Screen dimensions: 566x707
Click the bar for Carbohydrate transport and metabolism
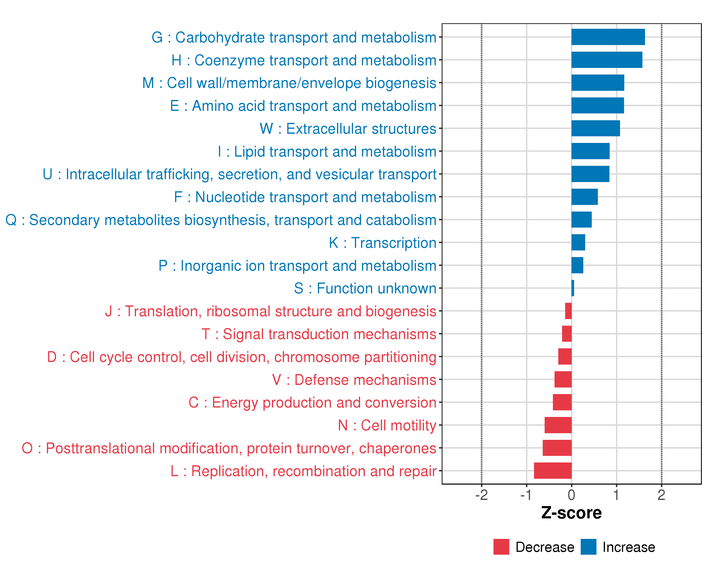(x=608, y=37)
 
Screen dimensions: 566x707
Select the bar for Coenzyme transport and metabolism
(x=607, y=60)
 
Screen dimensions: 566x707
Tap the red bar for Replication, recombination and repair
(x=553, y=470)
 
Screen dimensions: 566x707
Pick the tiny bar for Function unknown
(x=572, y=288)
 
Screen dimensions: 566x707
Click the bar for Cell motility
(x=558, y=425)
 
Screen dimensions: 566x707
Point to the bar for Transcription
(x=578, y=242)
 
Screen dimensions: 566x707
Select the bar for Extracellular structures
(x=596, y=128)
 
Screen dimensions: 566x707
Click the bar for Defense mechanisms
(x=563, y=379)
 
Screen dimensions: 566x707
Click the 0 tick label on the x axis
(x=571, y=495)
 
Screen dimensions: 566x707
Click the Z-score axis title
(x=571, y=513)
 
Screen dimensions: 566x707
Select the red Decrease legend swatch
(x=501, y=547)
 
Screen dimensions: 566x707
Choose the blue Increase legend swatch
(x=588, y=547)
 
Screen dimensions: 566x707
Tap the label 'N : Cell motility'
(x=387, y=425)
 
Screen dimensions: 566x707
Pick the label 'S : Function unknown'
(x=365, y=288)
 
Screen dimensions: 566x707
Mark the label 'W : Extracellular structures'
(x=348, y=129)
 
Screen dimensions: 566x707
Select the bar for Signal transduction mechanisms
(x=567, y=334)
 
